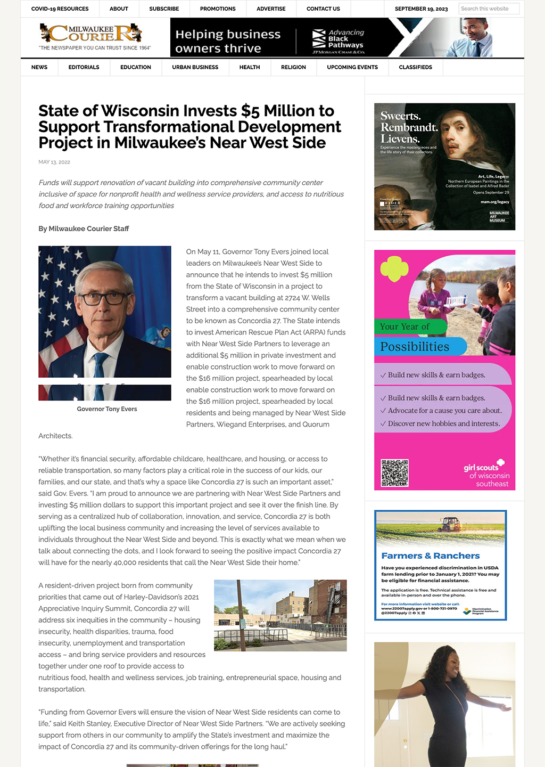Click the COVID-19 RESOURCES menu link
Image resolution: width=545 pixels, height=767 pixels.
click(60, 9)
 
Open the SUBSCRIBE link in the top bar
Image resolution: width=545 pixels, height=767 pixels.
click(164, 9)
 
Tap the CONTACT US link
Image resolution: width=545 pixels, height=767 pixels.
click(323, 9)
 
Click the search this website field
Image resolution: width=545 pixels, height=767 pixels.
click(488, 9)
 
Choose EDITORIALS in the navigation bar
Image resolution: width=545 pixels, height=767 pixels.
click(84, 67)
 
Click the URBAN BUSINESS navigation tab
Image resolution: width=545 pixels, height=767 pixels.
click(195, 67)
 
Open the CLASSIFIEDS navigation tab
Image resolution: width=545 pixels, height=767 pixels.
click(415, 67)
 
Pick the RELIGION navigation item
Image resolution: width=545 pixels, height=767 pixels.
click(293, 67)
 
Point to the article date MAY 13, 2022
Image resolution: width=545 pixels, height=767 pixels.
click(54, 162)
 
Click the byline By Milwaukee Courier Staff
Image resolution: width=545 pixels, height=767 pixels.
click(84, 229)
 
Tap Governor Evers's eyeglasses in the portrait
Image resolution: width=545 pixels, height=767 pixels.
click(105, 297)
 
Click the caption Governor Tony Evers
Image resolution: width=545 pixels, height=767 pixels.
click(107, 409)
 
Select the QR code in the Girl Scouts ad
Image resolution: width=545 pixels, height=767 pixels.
click(395, 472)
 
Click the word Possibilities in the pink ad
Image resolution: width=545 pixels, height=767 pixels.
click(415, 347)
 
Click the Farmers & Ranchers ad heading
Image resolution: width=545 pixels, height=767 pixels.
click(430, 556)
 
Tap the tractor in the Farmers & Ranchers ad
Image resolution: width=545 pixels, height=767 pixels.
click(451, 524)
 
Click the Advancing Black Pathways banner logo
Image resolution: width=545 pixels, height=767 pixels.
click(338, 39)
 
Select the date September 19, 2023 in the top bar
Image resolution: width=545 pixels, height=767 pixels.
click(421, 9)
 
